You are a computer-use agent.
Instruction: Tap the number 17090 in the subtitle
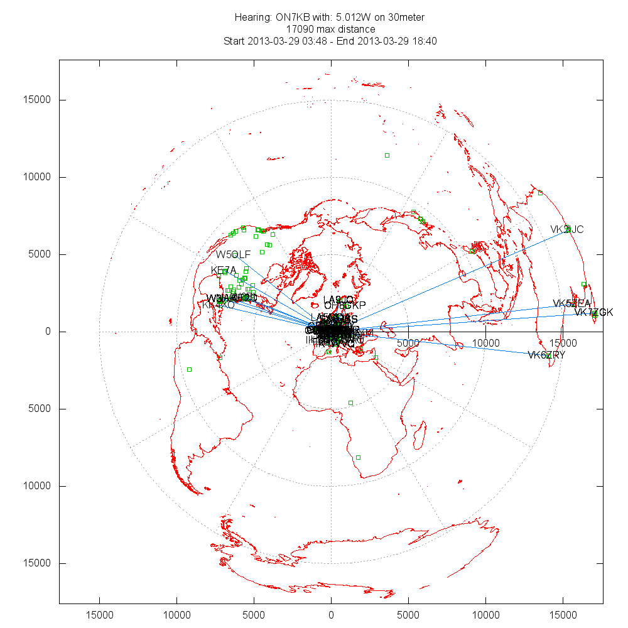click(x=300, y=29)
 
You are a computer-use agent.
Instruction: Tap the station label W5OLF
click(x=234, y=254)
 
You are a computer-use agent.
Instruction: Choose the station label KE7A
click(x=224, y=271)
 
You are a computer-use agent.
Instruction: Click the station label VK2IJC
click(x=567, y=230)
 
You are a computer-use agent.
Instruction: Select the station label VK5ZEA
click(x=571, y=304)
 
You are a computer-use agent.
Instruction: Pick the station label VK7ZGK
click(x=593, y=313)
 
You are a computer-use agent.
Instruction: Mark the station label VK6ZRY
click(x=546, y=355)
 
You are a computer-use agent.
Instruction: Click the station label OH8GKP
click(x=345, y=305)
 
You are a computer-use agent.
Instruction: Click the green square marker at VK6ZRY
click(x=549, y=355)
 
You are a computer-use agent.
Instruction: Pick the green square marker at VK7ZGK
click(x=595, y=313)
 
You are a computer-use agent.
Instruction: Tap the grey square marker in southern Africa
click(x=358, y=457)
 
